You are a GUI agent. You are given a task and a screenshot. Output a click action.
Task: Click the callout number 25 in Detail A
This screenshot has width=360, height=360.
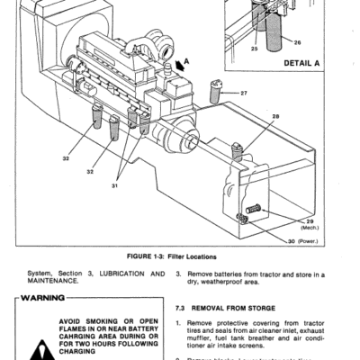[255, 48]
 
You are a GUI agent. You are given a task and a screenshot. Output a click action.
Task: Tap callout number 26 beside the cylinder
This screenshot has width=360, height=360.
[298, 41]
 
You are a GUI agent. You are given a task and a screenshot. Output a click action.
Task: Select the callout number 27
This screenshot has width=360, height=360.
[244, 93]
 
